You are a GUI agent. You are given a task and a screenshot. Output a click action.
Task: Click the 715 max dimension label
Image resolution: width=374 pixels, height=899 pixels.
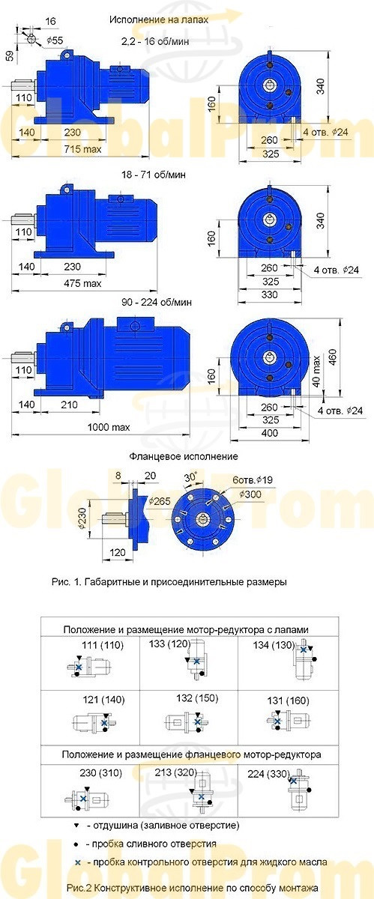tap(82, 149)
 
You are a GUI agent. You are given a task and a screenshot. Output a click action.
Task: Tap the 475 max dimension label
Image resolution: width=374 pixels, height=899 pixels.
tap(82, 283)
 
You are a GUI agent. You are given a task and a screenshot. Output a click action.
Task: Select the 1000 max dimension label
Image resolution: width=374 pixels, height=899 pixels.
tap(109, 427)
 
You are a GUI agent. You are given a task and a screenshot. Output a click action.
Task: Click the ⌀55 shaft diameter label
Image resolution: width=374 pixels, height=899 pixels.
tap(55, 40)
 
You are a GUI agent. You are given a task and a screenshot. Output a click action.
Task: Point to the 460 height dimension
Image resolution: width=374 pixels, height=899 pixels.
tap(333, 357)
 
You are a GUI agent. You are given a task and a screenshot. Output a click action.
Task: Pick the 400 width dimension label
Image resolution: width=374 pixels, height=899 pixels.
tap(270, 433)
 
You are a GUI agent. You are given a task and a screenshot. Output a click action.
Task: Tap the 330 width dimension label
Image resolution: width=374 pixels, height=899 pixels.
tap(270, 294)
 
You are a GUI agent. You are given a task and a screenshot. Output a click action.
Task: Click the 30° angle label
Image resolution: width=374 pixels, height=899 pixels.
tap(190, 477)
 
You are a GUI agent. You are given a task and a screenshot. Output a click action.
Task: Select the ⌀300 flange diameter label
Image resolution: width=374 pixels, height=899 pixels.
tap(250, 494)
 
